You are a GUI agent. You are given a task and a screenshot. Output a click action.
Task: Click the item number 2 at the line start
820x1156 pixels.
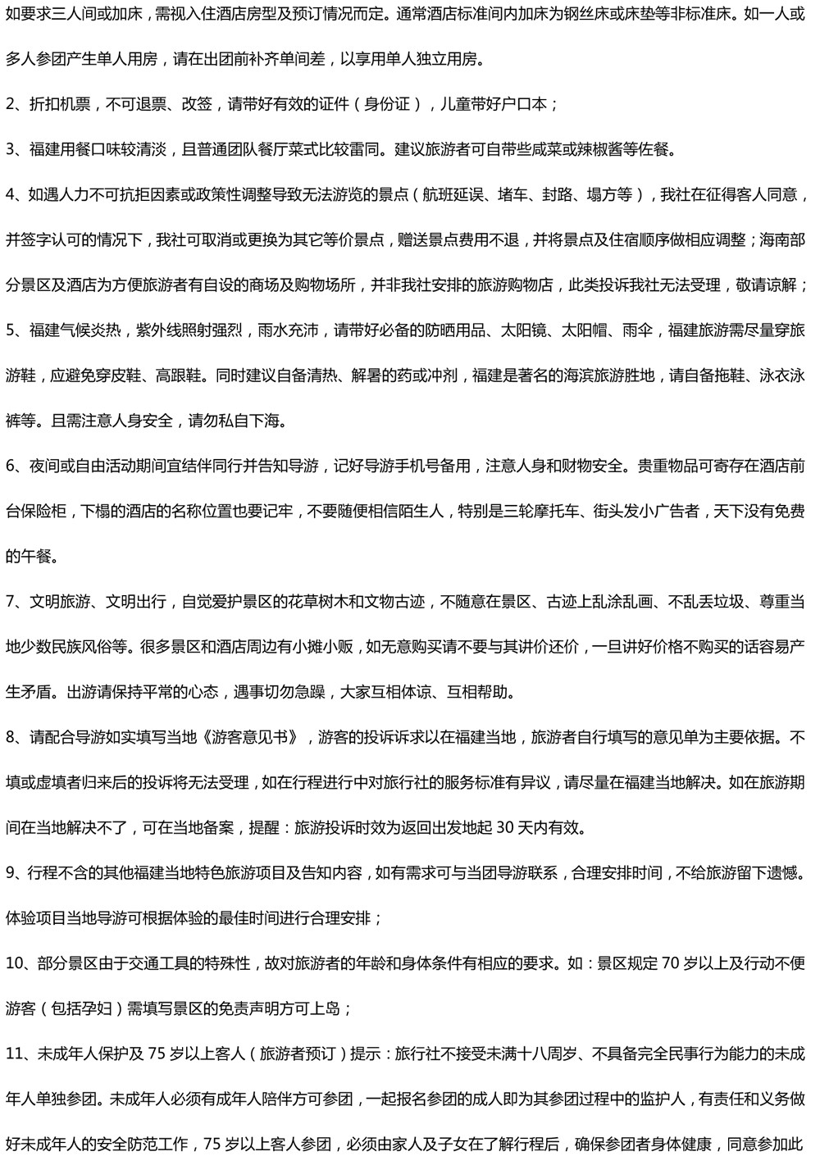click(x=10, y=104)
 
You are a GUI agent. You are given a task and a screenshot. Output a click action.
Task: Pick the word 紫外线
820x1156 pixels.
click(x=159, y=330)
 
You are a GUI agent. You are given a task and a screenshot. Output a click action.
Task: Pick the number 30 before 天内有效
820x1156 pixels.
click(x=505, y=827)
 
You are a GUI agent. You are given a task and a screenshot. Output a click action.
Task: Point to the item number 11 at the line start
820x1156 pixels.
click(x=12, y=1053)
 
